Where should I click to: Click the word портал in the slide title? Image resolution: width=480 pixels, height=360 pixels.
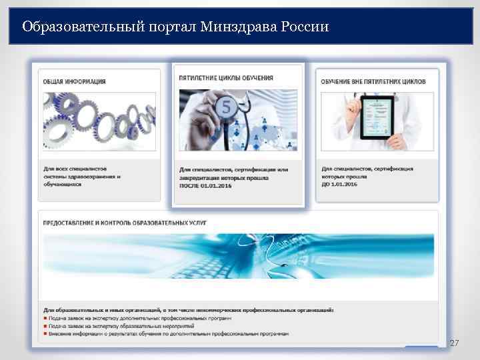pyautogui.click(x=147, y=27)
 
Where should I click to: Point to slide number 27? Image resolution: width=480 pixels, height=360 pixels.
pyautogui.click(x=455, y=343)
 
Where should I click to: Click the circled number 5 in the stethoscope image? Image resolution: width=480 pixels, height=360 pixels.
pyautogui.click(x=226, y=106)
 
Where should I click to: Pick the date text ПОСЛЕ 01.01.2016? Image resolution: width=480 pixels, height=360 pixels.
pyautogui.click(x=203, y=186)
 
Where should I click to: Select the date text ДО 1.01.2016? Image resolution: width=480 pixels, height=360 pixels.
pyautogui.click(x=339, y=185)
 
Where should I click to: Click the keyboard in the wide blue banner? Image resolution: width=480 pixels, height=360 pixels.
pyautogui.click(x=240, y=267)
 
